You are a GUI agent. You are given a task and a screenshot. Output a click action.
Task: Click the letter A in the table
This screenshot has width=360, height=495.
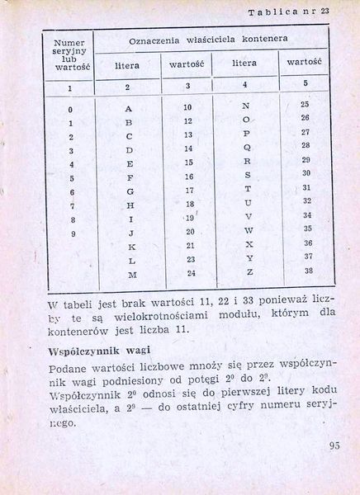click(129, 108)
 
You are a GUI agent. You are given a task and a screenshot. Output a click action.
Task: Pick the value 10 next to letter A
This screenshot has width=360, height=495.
click(187, 108)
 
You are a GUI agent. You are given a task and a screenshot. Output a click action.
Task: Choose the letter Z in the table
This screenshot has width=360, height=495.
click(248, 271)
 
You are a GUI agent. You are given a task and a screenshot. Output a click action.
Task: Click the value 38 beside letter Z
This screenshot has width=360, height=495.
click(307, 271)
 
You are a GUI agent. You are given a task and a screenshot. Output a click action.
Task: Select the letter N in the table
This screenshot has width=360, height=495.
click(246, 106)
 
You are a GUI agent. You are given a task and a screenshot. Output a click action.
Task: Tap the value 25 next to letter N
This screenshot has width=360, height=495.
click(305, 105)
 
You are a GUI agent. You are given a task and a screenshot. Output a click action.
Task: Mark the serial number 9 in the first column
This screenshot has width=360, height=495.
click(72, 233)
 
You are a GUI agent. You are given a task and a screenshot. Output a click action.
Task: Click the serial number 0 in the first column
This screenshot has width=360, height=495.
click(71, 110)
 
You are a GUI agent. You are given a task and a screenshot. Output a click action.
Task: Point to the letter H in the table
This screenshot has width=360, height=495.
click(130, 205)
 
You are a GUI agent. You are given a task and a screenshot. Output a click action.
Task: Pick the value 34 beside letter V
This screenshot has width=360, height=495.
click(307, 215)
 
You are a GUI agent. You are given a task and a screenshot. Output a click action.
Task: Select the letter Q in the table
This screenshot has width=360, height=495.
click(247, 148)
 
